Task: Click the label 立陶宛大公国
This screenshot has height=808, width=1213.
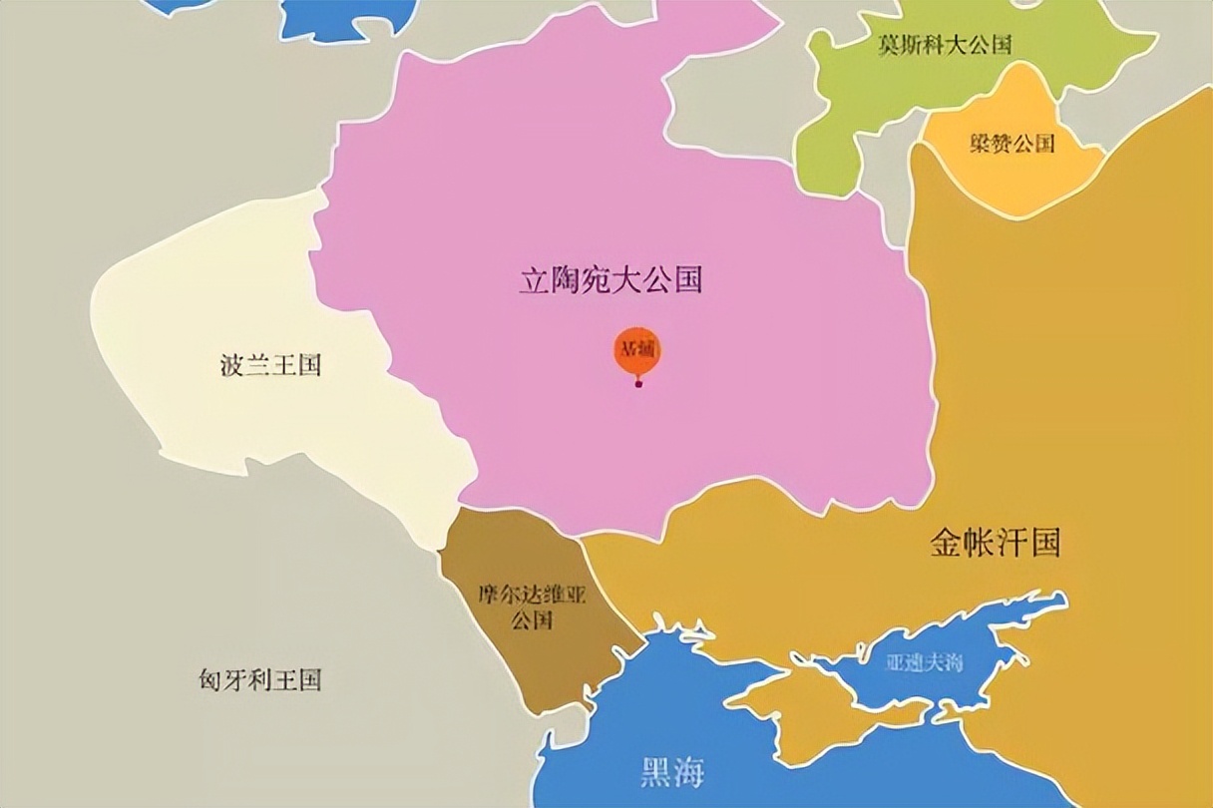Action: click(x=610, y=280)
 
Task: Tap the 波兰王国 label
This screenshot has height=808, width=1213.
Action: click(x=270, y=365)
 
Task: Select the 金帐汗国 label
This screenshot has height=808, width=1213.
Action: click(x=995, y=543)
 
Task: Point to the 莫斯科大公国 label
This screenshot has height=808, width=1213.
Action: click(x=945, y=45)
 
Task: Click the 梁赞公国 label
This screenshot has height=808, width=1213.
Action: click(x=1011, y=143)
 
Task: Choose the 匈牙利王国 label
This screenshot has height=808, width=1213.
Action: click(x=259, y=681)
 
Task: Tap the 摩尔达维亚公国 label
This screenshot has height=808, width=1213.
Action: click(x=531, y=607)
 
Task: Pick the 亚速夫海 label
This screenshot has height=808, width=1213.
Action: click(x=924, y=662)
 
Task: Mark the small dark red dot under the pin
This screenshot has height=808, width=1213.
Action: click(x=638, y=385)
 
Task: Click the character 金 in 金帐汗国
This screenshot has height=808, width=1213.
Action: click(x=946, y=543)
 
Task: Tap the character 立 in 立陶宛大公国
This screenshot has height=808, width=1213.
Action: click(x=534, y=280)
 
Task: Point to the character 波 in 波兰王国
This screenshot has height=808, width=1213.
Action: click(x=231, y=365)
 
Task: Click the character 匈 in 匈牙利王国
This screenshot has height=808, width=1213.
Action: click(x=209, y=681)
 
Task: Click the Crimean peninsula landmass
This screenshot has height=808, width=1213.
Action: click(x=798, y=713)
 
